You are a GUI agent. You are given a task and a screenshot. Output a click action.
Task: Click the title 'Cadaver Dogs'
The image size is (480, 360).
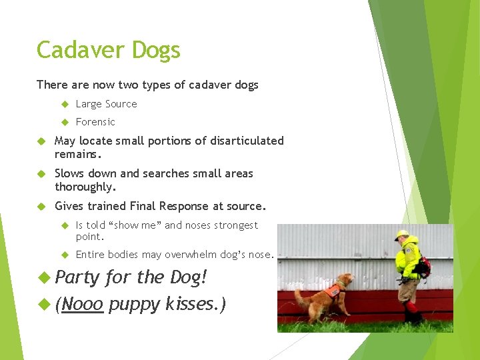(x=108, y=50)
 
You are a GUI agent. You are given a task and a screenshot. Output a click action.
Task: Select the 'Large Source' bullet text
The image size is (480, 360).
(x=106, y=104)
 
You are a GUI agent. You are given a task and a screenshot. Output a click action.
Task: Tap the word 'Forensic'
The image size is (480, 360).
(x=95, y=122)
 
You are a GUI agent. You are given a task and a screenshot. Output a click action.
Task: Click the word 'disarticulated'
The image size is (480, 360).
(x=249, y=141)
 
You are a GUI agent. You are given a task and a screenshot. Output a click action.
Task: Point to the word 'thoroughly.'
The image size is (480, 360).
(x=85, y=187)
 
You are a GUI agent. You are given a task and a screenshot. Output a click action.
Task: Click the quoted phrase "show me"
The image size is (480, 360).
(x=139, y=225)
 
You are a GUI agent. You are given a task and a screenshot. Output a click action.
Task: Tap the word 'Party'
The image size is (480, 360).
(x=78, y=277)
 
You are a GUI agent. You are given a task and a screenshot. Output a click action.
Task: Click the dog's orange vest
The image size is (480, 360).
(x=333, y=291)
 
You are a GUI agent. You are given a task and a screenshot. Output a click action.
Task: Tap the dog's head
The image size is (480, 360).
(x=345, y=279)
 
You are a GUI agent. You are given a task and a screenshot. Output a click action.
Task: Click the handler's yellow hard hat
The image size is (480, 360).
(x=401, y=235)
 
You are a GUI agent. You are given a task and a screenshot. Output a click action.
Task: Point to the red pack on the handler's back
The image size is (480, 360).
(x=423, y=267)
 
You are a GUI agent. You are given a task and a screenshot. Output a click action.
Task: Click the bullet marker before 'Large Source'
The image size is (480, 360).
(x=65, y=104)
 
